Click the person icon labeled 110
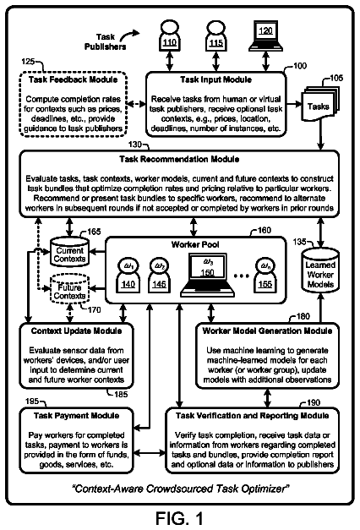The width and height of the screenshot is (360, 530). (x=169, y=36)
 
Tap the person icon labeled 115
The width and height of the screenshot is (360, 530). (x=215, y=36)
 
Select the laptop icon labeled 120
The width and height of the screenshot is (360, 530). (x=265, y=36)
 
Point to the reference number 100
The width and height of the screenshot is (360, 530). (x=300, y=66)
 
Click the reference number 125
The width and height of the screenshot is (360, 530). (x=28, y=61)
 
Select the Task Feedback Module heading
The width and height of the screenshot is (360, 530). (x=73, y=79)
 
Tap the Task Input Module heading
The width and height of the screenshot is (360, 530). (x=215, y=79)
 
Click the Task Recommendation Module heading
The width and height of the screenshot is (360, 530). (x=179, y=159)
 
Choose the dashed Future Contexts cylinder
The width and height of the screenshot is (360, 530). (x=69, y=288)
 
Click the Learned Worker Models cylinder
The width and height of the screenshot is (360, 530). (x=320, y=270)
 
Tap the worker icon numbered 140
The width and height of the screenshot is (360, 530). (x=128, y=275)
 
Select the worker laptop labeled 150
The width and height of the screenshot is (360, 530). (x=207, y=275)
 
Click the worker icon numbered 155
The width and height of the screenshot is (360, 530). (x=265, y=275)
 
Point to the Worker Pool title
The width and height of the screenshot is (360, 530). (x=195, y=244)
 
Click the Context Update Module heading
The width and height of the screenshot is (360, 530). (x=76, y=331)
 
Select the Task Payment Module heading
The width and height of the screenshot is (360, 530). (x=76, y=416)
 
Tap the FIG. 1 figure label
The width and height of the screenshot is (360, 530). (x=179, y=518)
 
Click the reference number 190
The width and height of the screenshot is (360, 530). (x=314, y=402)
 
